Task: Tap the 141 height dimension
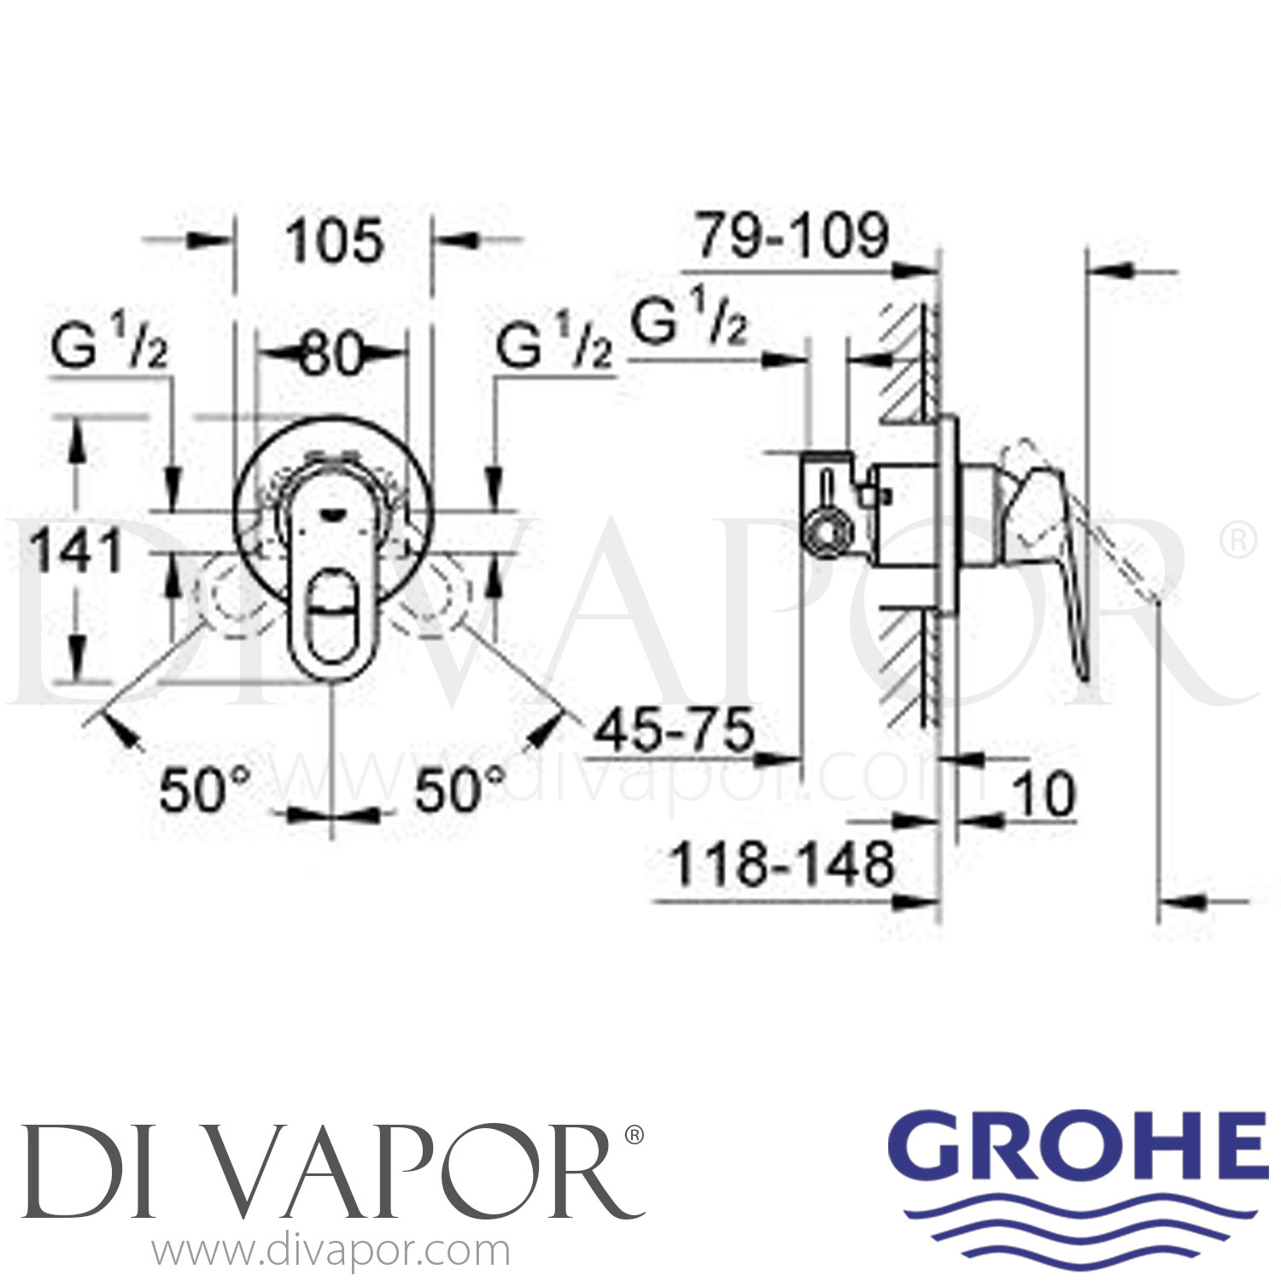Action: (77, 551)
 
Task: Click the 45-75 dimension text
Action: (674, 731)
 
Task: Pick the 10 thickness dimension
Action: (1044, 794)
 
